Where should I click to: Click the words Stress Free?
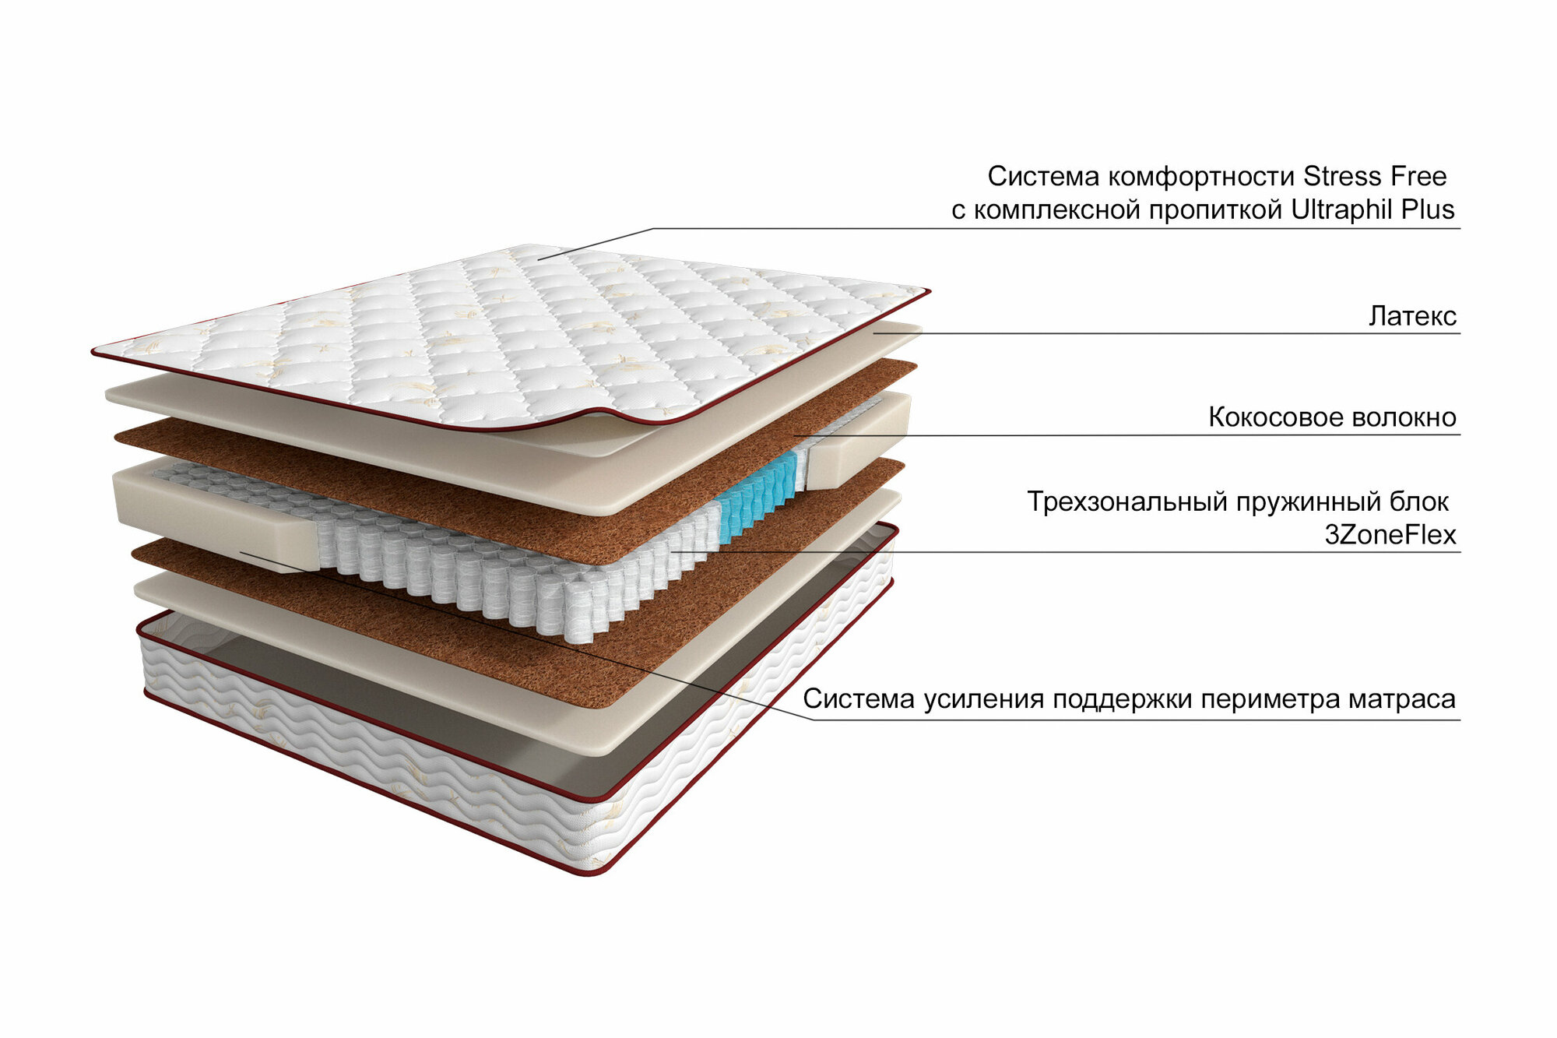(1375, 177)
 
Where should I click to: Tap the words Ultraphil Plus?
(1372, 210)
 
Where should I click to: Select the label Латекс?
(1412, 316)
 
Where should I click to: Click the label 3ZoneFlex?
(1390, 535)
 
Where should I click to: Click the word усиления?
(985, 699)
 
